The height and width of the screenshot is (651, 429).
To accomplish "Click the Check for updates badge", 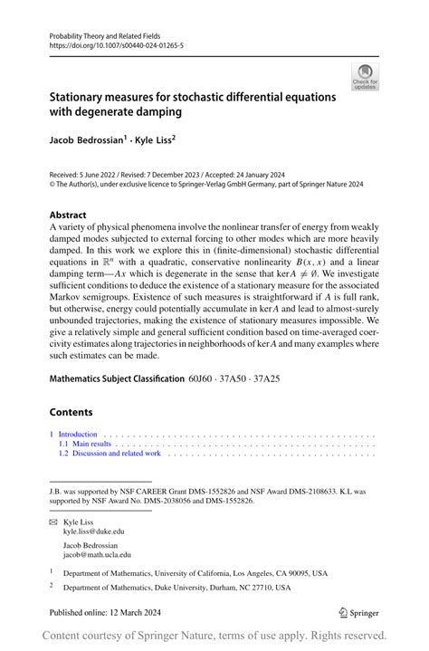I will point(366,76).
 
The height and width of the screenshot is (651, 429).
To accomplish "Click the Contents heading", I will point(71,410).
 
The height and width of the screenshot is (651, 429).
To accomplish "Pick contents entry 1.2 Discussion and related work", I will point(110,454).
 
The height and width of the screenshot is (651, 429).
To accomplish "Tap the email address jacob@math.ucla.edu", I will point(97,554).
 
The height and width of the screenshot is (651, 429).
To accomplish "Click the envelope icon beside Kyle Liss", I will point(52,522).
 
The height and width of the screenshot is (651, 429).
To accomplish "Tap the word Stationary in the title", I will point(84,97).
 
